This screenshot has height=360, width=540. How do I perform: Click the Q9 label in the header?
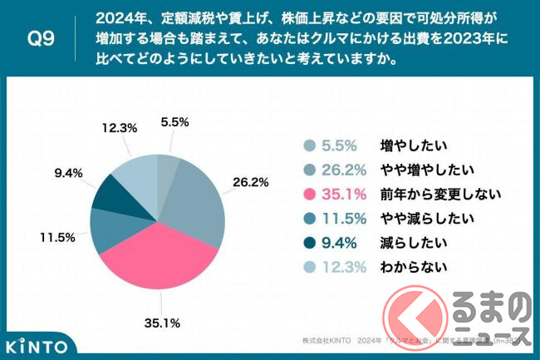pyautogui.click(x=39, y=39)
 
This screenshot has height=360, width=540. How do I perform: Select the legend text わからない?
pyautogui.click(x=413, y=268)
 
